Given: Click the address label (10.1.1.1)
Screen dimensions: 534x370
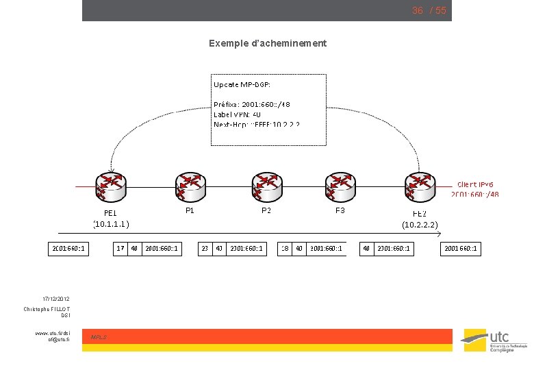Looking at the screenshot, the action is pos(112,224).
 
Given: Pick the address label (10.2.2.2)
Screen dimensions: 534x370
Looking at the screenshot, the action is pos(420,224).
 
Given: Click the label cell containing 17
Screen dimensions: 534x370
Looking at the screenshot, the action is pos(120,248).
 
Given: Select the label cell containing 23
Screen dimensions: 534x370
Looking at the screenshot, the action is pos(205,248).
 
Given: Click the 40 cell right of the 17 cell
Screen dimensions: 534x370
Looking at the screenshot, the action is pos(134,248).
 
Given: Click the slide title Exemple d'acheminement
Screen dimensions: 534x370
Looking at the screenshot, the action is pos(268,43).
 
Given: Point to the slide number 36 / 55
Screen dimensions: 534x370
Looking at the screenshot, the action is pos(429,10).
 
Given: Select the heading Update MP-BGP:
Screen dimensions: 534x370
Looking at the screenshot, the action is pos(242,84).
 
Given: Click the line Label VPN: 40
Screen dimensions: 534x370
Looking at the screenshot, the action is pos(237,114).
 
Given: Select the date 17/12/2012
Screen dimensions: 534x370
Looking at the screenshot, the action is pos(55,299).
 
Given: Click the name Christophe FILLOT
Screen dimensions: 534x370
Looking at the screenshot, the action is pos(47,310).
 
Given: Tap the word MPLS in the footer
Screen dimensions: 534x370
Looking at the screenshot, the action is pos(99,337).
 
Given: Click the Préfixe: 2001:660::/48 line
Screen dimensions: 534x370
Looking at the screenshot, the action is pos(251,105).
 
